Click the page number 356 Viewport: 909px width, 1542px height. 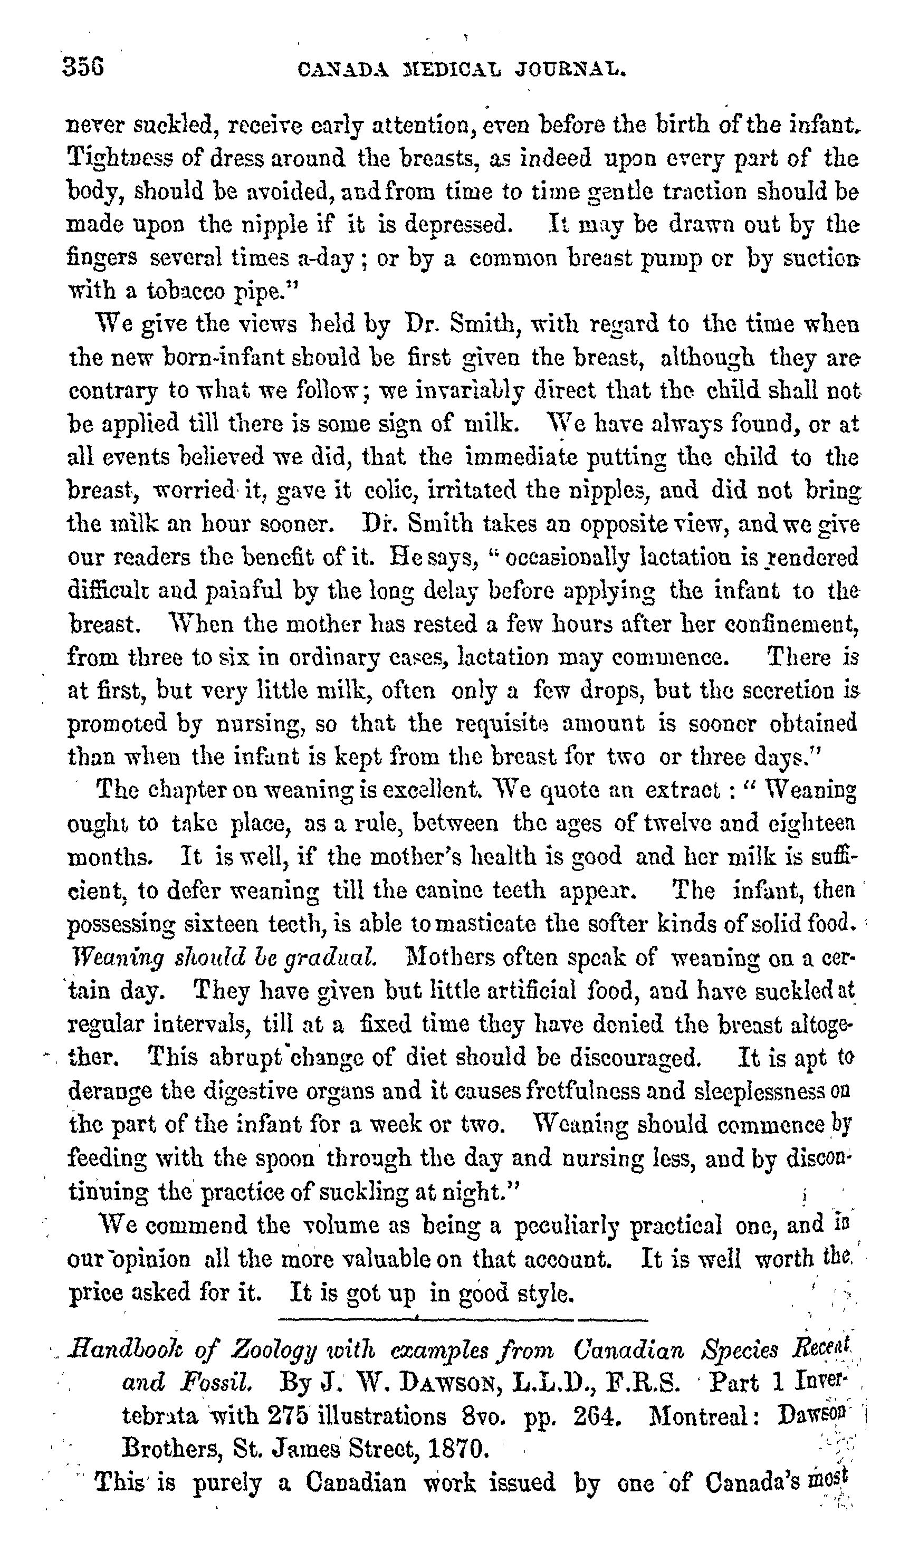click(83, 66)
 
